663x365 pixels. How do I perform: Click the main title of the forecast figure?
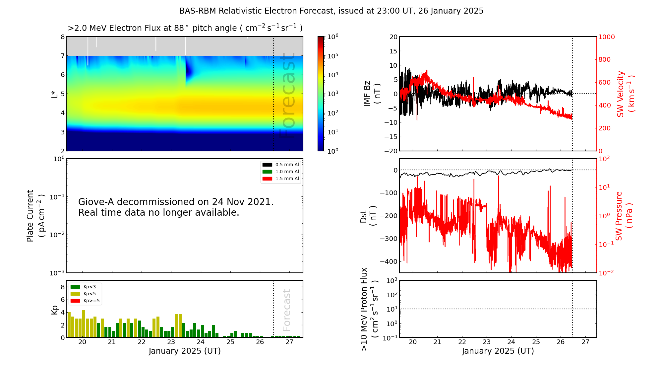tap(331, 11)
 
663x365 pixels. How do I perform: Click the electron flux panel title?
tap(185, 28)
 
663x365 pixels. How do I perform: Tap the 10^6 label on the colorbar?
tap(332, 36)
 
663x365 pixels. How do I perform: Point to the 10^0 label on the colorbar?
tap(332, 151)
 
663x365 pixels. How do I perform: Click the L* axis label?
tap(55, 94)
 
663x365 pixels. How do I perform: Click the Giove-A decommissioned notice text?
tap(176, 207)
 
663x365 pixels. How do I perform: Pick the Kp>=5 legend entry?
tap(85, 301)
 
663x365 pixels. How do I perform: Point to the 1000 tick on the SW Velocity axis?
tap(606, 37)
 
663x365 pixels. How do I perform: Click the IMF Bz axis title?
tap(372, 94)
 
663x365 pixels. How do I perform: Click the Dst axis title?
tap(368, 216)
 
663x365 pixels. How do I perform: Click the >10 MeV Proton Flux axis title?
tap(370, 309)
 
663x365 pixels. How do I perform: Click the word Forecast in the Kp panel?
tap(287, 310)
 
